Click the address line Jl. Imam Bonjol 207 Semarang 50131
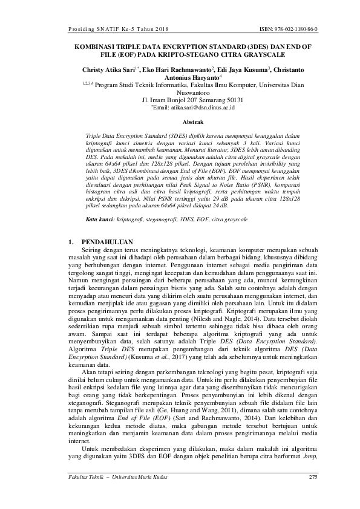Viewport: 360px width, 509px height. (x=180, y=100)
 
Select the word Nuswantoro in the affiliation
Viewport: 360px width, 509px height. (x=180, y=92)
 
